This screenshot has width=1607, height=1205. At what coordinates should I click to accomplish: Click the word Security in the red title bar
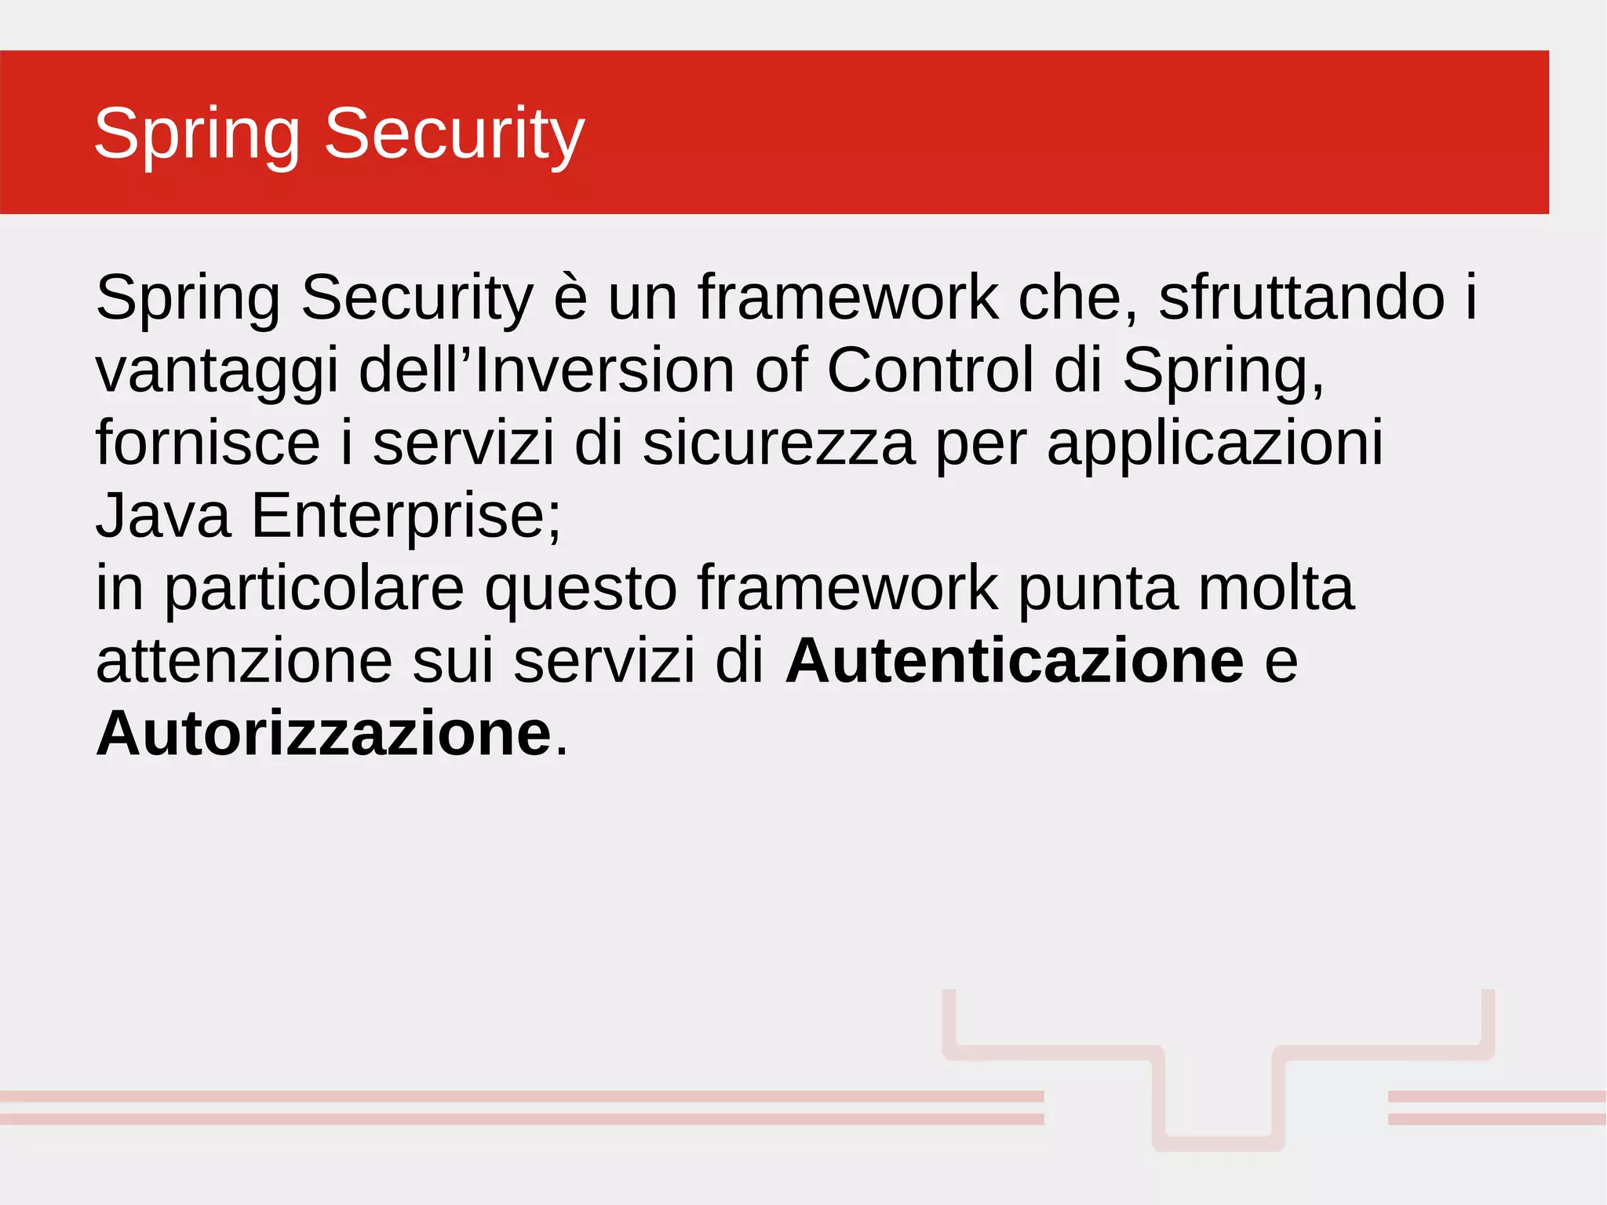(454, 133)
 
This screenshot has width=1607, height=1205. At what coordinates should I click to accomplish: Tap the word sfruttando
(1302, 298)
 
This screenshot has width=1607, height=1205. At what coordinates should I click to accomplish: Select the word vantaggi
(217, 371)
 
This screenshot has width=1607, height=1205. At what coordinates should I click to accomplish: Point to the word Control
(930, 370)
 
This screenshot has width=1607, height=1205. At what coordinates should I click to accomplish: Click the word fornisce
(208, 443)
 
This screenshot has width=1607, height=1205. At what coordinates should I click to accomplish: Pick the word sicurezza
(778, 443)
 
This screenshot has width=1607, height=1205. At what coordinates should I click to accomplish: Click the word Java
(163, 516)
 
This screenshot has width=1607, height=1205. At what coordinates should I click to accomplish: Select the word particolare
(315, 590)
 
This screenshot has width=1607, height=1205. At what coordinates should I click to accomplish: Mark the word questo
(581, 590)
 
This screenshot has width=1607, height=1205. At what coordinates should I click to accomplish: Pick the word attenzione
(244, 661)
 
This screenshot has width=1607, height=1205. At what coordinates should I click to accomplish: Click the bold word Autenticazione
(1015, 661)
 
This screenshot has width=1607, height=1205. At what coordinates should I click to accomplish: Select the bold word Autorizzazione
(324, 733)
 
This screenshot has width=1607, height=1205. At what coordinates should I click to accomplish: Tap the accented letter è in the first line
(570, 298)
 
